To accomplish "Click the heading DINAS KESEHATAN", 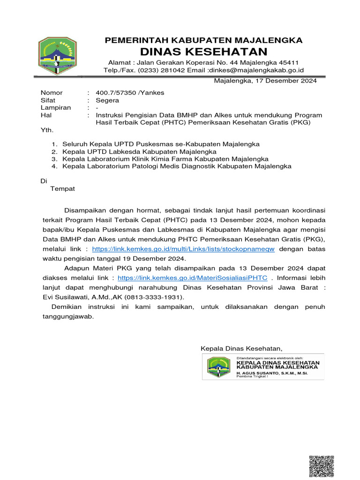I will [x=204, y=52].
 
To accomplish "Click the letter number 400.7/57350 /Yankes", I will [x=130, y=93].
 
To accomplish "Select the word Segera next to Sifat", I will [x=107, y=100].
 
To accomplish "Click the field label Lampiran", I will [x=56, y=108].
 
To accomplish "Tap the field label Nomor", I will [x=52, y=93].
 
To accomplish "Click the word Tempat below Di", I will [x=62, y=189].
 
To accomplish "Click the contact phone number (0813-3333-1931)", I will [x=155, y=297].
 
